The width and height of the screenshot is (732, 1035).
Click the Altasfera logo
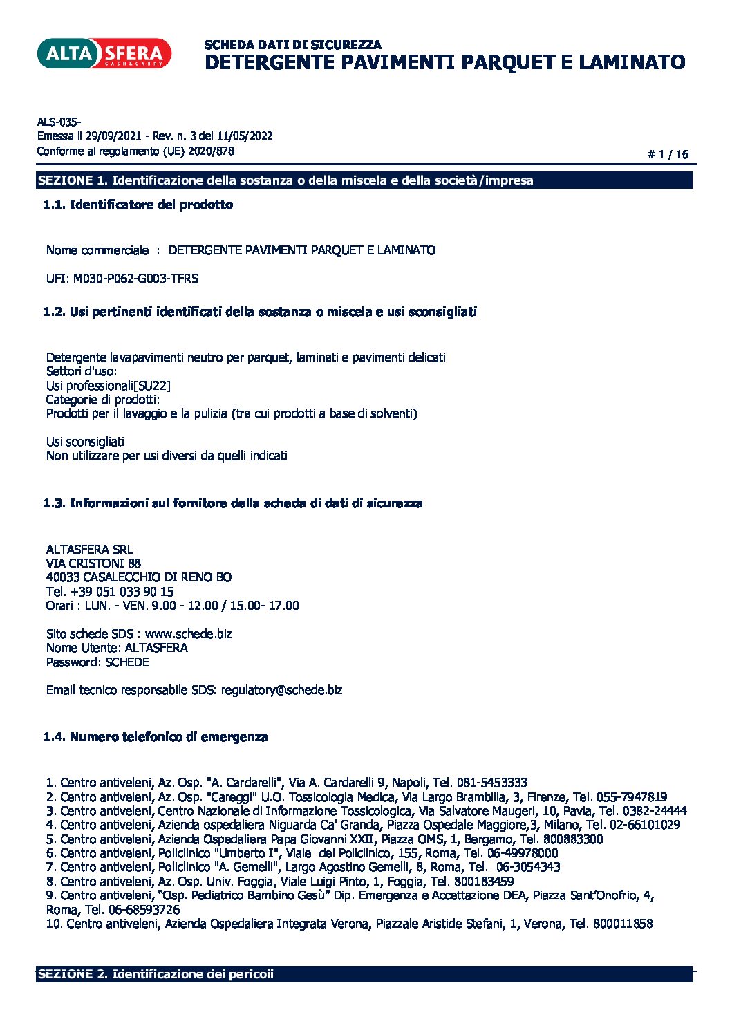point(104,53)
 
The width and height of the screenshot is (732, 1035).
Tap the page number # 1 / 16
point(668,155)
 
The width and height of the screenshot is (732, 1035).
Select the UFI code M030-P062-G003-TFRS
point(135,279)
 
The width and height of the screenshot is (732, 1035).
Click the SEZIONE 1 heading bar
point(364,180)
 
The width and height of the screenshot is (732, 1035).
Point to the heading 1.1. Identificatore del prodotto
point(138,205)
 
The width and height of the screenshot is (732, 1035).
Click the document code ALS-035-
point(59,122)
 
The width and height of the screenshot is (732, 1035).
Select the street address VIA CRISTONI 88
point(93,563)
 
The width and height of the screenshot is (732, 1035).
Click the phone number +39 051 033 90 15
point(122,592)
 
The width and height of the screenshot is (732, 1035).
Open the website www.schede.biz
point(188,634)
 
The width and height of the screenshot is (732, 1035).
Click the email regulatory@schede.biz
point(281,690)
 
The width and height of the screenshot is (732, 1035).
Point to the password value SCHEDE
point(127,662)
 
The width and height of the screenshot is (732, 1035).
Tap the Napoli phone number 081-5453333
point(492,783)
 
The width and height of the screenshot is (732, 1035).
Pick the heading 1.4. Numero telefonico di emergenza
point(155,737)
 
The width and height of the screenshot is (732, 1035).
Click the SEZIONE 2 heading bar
point(364,974)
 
